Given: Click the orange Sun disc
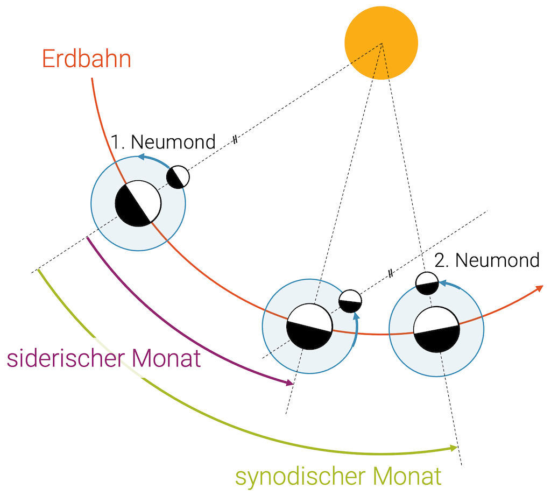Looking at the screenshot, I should (x=381, y=42).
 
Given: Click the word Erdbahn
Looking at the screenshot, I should (x=87, y=59).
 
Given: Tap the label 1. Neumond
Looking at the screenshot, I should (x=163, y=143).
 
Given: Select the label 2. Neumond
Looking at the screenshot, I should (x=486, y=260).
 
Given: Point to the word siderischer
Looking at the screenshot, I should (x=65, y=359).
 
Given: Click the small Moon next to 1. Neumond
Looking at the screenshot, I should (x=178, y=177).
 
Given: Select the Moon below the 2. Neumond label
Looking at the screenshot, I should (x=428, y=283).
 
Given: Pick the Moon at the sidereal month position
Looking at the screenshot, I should (x=350, y=301).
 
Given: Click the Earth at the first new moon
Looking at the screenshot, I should (x=138, y=203).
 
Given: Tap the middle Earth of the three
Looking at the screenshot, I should (x=309, y=326).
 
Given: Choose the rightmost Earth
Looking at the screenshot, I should (x=436, y=329).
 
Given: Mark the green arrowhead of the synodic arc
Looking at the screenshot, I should (x=453, y=448).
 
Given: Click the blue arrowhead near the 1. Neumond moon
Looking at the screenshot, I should (x=140, y=157).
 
